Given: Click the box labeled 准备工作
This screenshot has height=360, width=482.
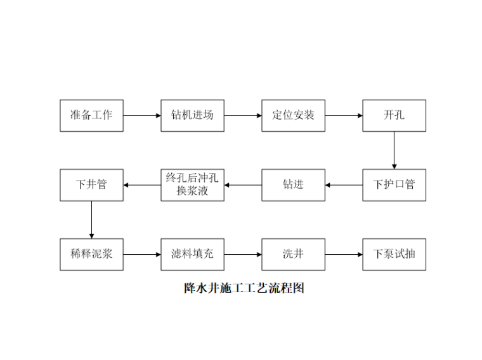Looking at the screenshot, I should [x=91, y=115].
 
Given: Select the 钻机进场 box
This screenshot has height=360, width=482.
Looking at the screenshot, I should [x=192, y=115].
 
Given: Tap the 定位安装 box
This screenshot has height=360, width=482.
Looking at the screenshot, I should [x=293, y=115].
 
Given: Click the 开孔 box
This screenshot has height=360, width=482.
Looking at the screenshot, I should [x=394, y=115].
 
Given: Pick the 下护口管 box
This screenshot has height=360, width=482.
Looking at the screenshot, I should [x=394, y=185].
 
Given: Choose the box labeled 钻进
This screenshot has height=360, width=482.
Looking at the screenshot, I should [x=293, y=185].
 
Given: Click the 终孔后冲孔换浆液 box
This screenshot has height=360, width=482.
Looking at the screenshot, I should [x=192, y=185].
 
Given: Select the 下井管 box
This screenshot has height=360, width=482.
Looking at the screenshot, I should [x=91, y=185].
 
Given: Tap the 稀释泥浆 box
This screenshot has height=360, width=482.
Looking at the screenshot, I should [x=91, y=254].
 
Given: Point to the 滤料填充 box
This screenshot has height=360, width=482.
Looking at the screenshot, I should [x=192, y=254].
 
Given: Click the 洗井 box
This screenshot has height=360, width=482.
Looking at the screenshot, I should [x=293, y=254].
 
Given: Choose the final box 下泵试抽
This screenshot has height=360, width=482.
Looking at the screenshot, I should [x=394, y=254].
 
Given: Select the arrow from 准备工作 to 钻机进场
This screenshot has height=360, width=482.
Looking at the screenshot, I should [x=142, y=115].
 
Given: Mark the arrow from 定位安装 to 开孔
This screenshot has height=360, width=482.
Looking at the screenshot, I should [x=344, y=115].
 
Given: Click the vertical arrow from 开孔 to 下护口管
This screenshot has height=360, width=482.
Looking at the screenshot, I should [x=394, y=150].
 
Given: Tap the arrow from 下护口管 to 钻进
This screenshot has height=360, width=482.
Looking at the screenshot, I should [x=344, y=185].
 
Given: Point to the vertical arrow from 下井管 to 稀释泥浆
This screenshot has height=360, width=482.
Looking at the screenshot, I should [x=91, y=220].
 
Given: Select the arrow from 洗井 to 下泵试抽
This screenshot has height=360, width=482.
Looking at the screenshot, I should [x=344, y=254].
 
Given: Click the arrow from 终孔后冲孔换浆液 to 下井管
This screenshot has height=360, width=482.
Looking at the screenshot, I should [x=142, y=185].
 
